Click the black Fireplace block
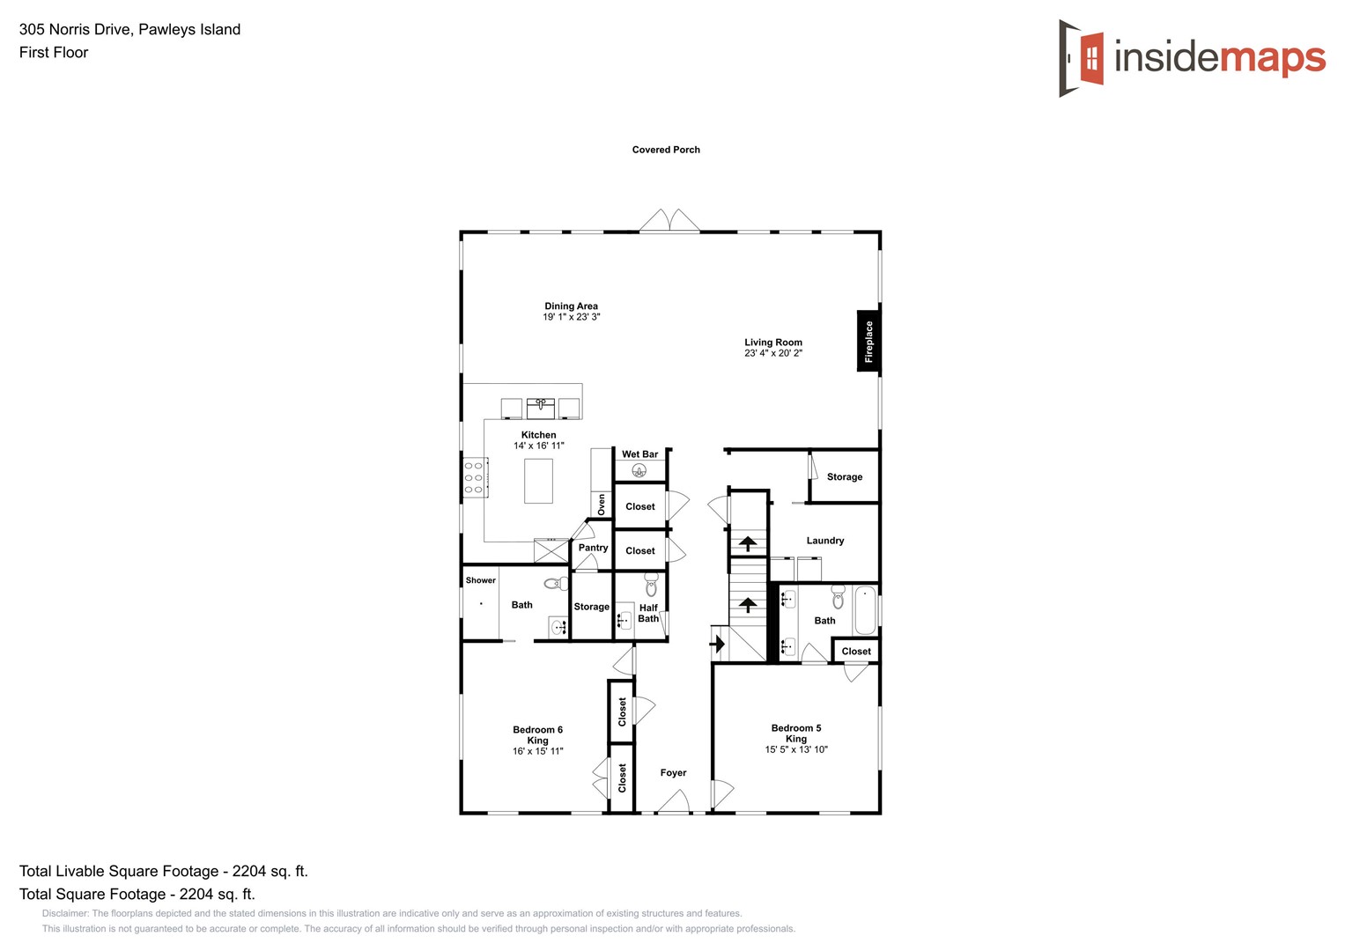coord(868,341)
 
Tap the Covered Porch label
coord(666,150)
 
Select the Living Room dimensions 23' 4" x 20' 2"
coord(773,353)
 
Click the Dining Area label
coord(571,306)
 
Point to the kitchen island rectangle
coord(538,481)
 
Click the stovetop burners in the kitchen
coord(475,477)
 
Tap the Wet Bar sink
coord(639,471)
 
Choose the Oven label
coord(602,505)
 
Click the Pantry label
coord(593,548)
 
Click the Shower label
coord(481,580)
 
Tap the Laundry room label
coord(825,541)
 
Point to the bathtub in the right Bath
coord(865,610)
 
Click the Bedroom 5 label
coord(796,728)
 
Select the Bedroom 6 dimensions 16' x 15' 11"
coord(537,751)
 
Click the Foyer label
coord(673,773)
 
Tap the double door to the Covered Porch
coord(669,221)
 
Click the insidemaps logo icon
coord(1082,58)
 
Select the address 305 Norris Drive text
coord(129,29)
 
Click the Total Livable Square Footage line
coord(164,871)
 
